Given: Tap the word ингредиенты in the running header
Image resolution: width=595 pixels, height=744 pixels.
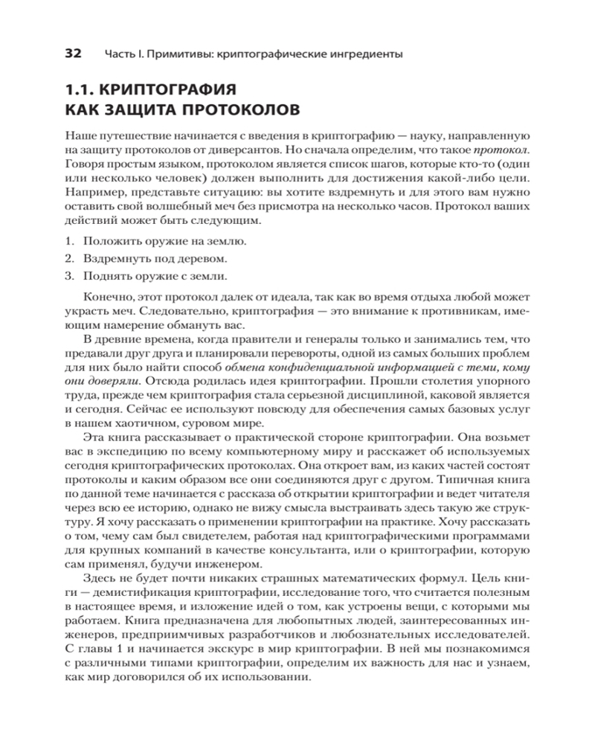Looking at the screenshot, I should (369, 54).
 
